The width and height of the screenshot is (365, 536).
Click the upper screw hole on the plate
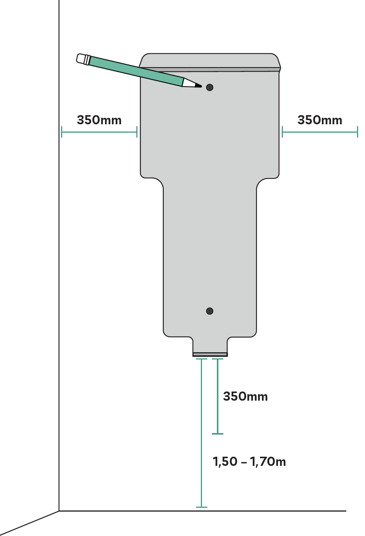pos(210,87)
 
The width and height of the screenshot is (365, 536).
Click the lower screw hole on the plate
pos(210,311)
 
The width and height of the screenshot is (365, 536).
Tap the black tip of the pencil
pos(199,86)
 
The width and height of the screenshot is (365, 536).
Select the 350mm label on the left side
pos(99,120)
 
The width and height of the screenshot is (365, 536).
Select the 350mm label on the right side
pos(320,120)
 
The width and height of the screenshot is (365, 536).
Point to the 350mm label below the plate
pos(245,396)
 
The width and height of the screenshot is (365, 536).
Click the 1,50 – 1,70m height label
pos(249,462)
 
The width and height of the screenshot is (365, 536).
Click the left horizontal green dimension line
pos(99,132)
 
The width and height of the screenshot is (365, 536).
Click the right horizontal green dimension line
pos(320,132)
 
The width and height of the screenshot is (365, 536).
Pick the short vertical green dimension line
pos(218,396)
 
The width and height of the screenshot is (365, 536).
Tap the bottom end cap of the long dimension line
pos(202,507)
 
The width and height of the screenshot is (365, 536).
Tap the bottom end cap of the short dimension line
pos(218,433)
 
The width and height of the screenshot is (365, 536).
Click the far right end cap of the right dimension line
pos(357,132)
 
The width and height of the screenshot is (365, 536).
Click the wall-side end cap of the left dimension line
pos(61,132)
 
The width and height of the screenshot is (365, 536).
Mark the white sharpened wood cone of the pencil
pos(189,83)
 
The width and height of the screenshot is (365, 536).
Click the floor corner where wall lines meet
pos(59,511)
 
